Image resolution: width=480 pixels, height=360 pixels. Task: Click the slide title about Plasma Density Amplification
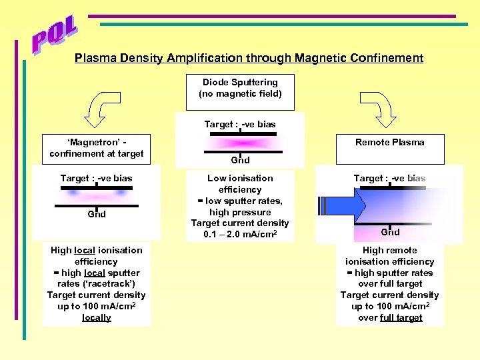249,58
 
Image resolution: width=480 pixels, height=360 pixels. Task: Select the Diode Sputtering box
240,88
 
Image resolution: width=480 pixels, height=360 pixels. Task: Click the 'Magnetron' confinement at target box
96,148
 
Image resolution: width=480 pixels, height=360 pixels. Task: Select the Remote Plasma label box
390,143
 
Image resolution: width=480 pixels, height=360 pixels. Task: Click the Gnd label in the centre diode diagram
240,160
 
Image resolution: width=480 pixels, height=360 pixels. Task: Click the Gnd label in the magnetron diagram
97,214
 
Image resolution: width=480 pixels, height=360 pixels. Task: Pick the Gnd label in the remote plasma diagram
390,232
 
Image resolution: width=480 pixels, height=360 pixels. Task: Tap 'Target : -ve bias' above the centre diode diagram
240,124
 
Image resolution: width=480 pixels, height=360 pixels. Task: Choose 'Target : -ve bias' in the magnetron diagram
96,178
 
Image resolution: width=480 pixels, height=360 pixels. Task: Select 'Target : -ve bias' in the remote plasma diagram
389,178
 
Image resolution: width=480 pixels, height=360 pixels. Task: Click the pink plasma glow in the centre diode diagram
240,143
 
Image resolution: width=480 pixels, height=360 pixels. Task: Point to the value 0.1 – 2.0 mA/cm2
240,234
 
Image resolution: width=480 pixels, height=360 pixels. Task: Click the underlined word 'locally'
97,317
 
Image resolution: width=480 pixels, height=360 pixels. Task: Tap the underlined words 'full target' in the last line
401,317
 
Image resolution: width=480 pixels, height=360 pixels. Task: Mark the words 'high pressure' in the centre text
240,212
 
